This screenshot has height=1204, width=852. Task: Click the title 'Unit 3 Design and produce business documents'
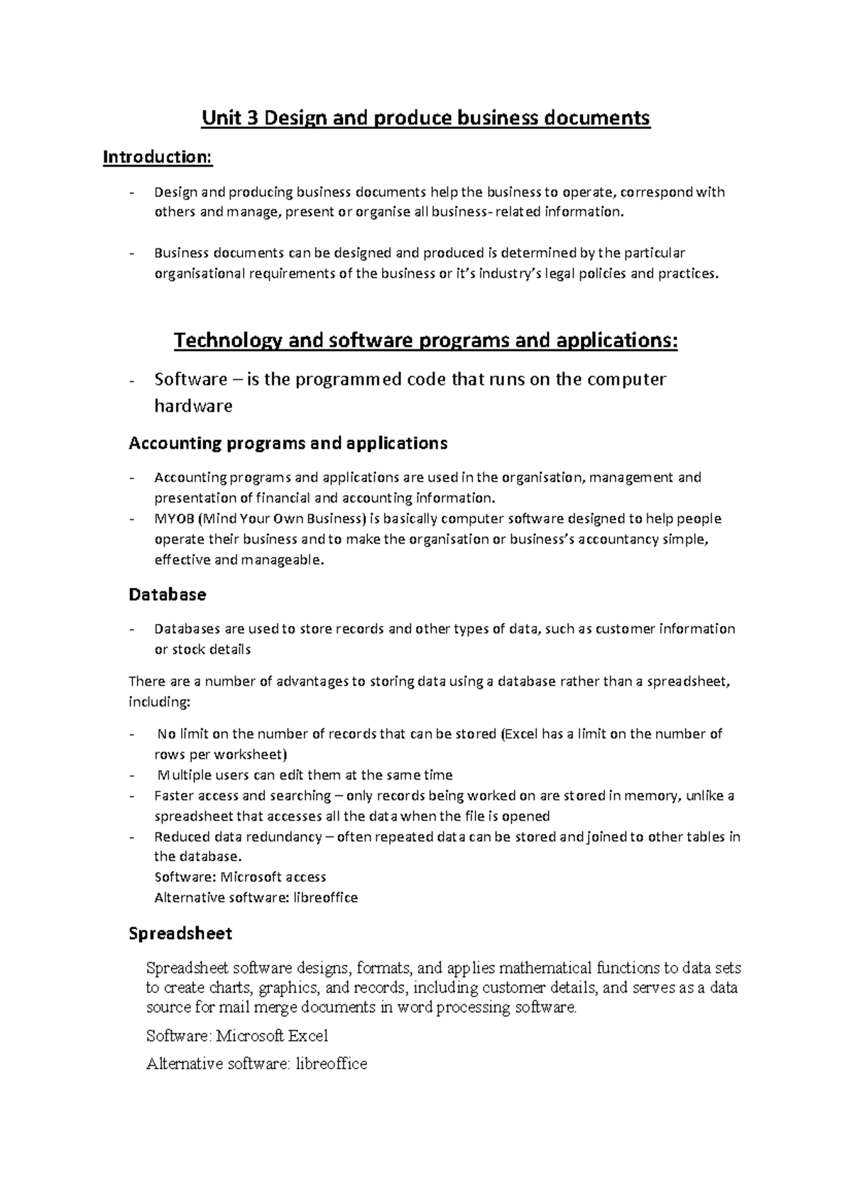point(425,118)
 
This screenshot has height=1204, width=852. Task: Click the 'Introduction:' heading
point(157,157)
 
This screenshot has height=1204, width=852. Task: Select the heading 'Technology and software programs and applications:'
point(425,341)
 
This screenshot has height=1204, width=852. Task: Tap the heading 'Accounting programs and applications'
point(288,444)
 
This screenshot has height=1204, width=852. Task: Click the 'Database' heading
point(167,594)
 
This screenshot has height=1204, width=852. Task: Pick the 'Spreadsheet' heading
point(180,933)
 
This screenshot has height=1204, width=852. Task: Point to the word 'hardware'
point(193,406)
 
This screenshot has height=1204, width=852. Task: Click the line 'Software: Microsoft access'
point(240,877)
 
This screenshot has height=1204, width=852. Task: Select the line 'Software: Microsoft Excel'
point(236,1036)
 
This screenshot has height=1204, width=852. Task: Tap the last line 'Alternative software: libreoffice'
point(256,1063)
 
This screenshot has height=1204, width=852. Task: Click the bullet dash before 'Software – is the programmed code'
point(132,381)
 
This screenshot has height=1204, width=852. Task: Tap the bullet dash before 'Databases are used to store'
point(132,629)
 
